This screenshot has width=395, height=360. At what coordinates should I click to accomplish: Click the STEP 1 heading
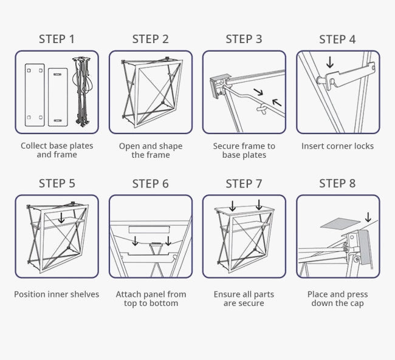tap(57, 39)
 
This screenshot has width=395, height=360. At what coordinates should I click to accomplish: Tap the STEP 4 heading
tap(337, 39)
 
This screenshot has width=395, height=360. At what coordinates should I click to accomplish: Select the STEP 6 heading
tap(150, 183)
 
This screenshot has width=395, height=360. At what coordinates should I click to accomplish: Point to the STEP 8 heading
tap(337, 183)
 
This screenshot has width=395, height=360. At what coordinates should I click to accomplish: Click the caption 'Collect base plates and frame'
tap(57, 150)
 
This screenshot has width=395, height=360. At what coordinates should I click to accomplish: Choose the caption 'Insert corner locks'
tap(337, 146)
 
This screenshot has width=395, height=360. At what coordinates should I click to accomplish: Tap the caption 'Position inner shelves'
tap(57, 294)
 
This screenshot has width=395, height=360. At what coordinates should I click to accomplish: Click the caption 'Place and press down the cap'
tap(337, 299)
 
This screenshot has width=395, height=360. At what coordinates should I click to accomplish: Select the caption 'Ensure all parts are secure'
tap(244, 299)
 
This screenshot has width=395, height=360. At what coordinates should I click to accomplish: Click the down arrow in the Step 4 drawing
tap(329, 62)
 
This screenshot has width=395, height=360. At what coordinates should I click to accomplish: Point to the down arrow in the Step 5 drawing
tap(61, 218)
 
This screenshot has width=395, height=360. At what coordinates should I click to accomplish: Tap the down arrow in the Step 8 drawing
tap(368, 217)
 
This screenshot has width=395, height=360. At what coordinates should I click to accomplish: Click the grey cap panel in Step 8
tap(338, 223)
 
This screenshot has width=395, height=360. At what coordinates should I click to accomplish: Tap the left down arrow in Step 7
tap(232, 205)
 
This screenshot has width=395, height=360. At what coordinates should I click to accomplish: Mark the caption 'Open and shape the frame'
tap(151, 150)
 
